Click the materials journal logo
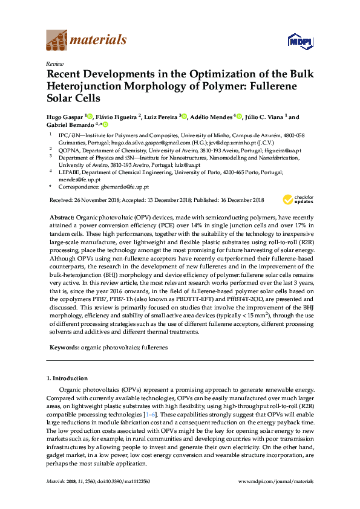(x=87, y=41)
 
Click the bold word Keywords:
(x=64, y=348)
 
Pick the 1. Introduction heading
(x=67, y=378)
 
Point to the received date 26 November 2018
(x=94, y=200)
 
